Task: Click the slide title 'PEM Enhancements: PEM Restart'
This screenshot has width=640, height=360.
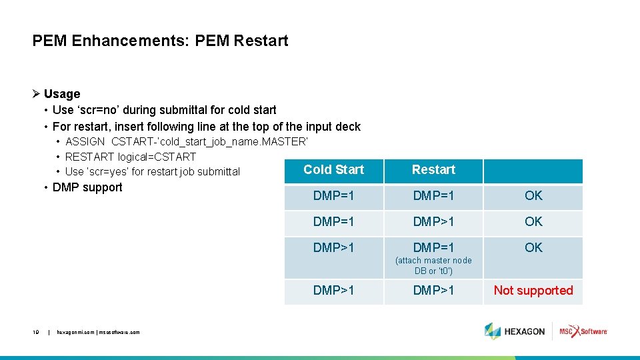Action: click(x=160, y=41)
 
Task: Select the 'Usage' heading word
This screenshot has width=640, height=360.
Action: click(x=62, y=94)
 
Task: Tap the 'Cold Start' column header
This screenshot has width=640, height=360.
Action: click(x=333, y=170)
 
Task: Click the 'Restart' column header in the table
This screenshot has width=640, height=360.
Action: click(x=433, y=170)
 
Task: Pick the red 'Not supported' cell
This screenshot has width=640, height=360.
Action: click(x=533, y=291)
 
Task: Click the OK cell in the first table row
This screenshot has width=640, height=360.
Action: click(x=533, y=196)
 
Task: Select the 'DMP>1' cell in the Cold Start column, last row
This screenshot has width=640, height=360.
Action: click(x=333, y=291)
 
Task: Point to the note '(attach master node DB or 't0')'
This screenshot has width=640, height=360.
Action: click(x=433, y=265)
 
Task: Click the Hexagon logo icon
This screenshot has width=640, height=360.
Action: click(x=493, y=331)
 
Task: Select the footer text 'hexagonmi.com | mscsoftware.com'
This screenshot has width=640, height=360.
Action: click(x=98, y=332)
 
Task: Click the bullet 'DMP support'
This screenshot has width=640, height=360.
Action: click(x=87, y=187)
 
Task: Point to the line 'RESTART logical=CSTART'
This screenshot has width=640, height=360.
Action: click(x=131, y=157)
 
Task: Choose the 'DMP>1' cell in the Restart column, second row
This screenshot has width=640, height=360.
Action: click(x=433, y=222)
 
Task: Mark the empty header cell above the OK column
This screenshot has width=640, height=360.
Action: click(x=533, y=171)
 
